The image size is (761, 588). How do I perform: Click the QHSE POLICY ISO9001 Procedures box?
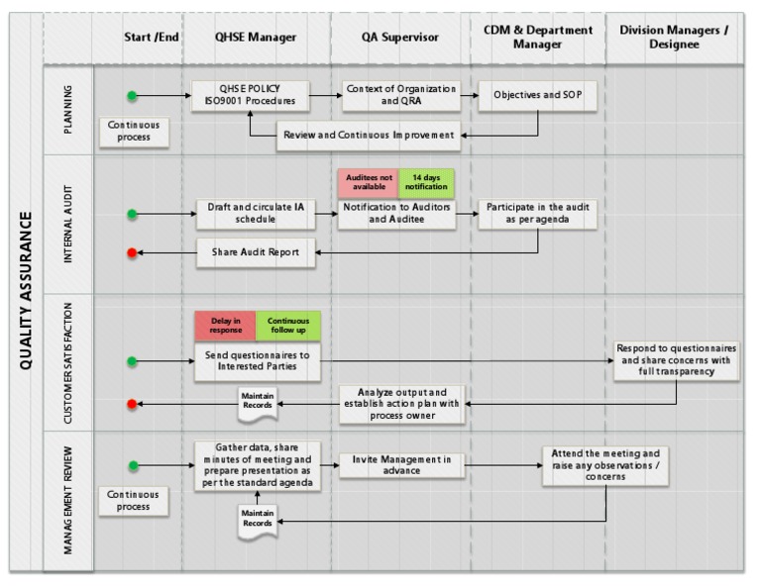[251, 96]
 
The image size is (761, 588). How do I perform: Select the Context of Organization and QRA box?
[400, 96]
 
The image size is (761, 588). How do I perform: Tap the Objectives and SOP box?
[537, 96]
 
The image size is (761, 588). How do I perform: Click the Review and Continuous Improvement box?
[369, 135]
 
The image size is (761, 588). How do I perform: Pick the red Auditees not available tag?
[368, 183]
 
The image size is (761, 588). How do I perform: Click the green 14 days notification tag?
[426, 183]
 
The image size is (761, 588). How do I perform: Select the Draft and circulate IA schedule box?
[255, 214]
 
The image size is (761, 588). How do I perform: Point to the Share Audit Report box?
[255, 252]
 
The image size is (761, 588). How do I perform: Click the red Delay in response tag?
[225, 326]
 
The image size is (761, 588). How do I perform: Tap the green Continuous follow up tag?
[287, 326]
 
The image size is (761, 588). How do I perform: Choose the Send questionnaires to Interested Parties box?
[257, 361]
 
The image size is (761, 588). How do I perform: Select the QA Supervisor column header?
[399, 38]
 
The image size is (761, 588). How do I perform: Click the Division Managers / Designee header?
[673, 38]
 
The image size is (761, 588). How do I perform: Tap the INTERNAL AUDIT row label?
[68, 223]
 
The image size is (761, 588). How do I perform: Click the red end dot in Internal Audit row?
[132, 252]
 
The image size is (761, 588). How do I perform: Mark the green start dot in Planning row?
[132, 96]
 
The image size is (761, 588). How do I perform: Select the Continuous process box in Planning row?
[134, 132]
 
